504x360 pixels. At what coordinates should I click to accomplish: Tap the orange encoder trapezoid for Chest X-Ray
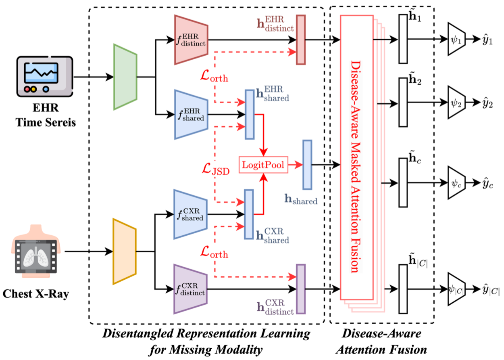click(125, 251)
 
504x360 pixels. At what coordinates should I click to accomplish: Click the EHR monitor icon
click(45, 77)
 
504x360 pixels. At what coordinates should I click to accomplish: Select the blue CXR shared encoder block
click(190, 214)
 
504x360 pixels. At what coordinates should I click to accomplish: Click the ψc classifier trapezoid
click(456, 184)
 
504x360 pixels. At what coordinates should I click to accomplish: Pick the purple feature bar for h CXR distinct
click(301, 289)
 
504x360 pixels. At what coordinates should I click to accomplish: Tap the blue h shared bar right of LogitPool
click(307, 165)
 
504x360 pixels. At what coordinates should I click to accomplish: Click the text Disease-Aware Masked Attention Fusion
click(356, 166)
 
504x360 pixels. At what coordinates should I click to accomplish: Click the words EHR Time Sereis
click(46, 116)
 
